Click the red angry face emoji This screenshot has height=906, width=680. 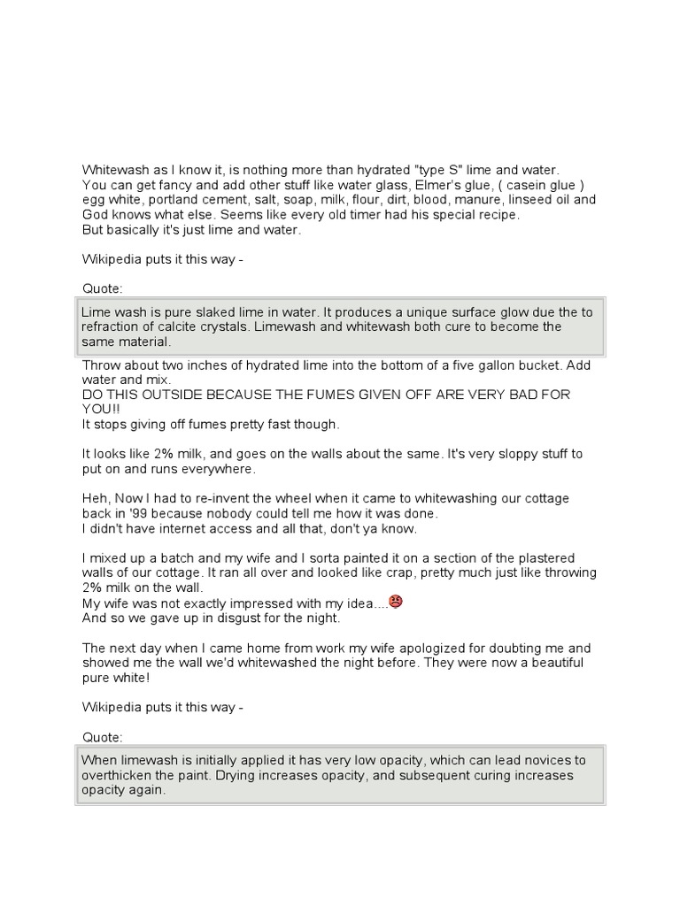(396, 602)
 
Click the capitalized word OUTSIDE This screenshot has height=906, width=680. (155, 395)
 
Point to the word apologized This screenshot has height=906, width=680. (419, 648)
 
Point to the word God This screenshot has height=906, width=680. (97, 214)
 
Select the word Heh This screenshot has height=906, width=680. (95, 498)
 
